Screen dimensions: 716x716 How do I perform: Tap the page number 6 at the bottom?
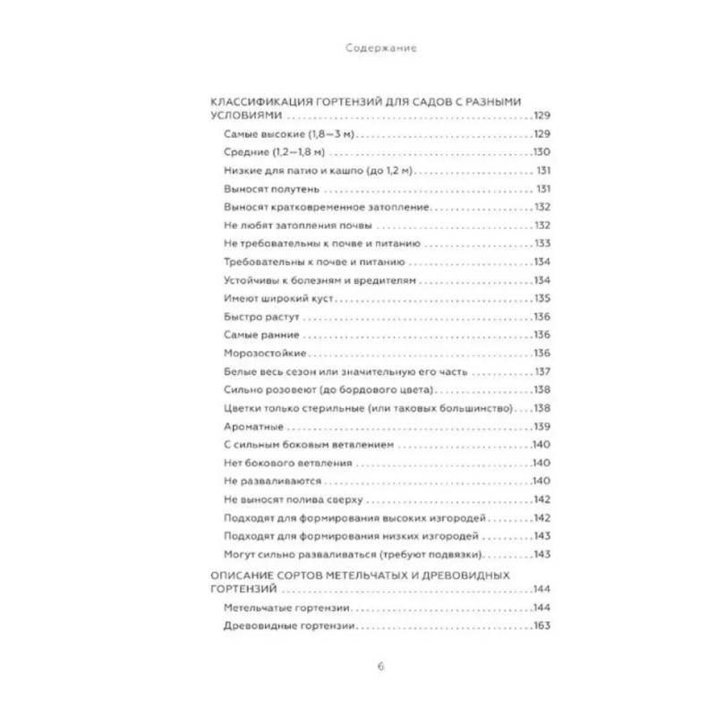357,665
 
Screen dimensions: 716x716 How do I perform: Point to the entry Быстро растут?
250,316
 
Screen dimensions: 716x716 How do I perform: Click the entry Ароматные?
245,427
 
